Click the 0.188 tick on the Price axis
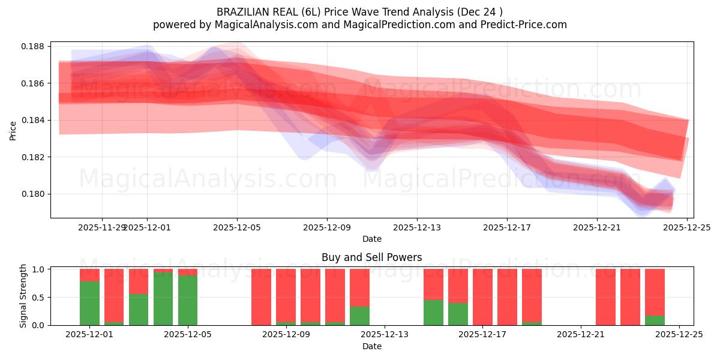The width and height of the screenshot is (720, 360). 34,46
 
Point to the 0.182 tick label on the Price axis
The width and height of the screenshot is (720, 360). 34,157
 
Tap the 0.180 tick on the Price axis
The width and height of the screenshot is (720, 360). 34,194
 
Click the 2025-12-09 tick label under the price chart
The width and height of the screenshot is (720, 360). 327,227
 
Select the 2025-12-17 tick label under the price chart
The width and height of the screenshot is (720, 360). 507,227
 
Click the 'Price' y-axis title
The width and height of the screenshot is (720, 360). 13,130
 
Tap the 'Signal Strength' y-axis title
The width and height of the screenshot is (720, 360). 23,296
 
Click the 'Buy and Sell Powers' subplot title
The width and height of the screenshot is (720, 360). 371,257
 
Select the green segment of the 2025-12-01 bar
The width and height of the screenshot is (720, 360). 89,303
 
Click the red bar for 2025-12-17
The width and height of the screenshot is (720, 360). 482,297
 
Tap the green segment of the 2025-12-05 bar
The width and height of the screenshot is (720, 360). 188,300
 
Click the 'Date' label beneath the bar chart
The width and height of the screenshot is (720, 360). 371,346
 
